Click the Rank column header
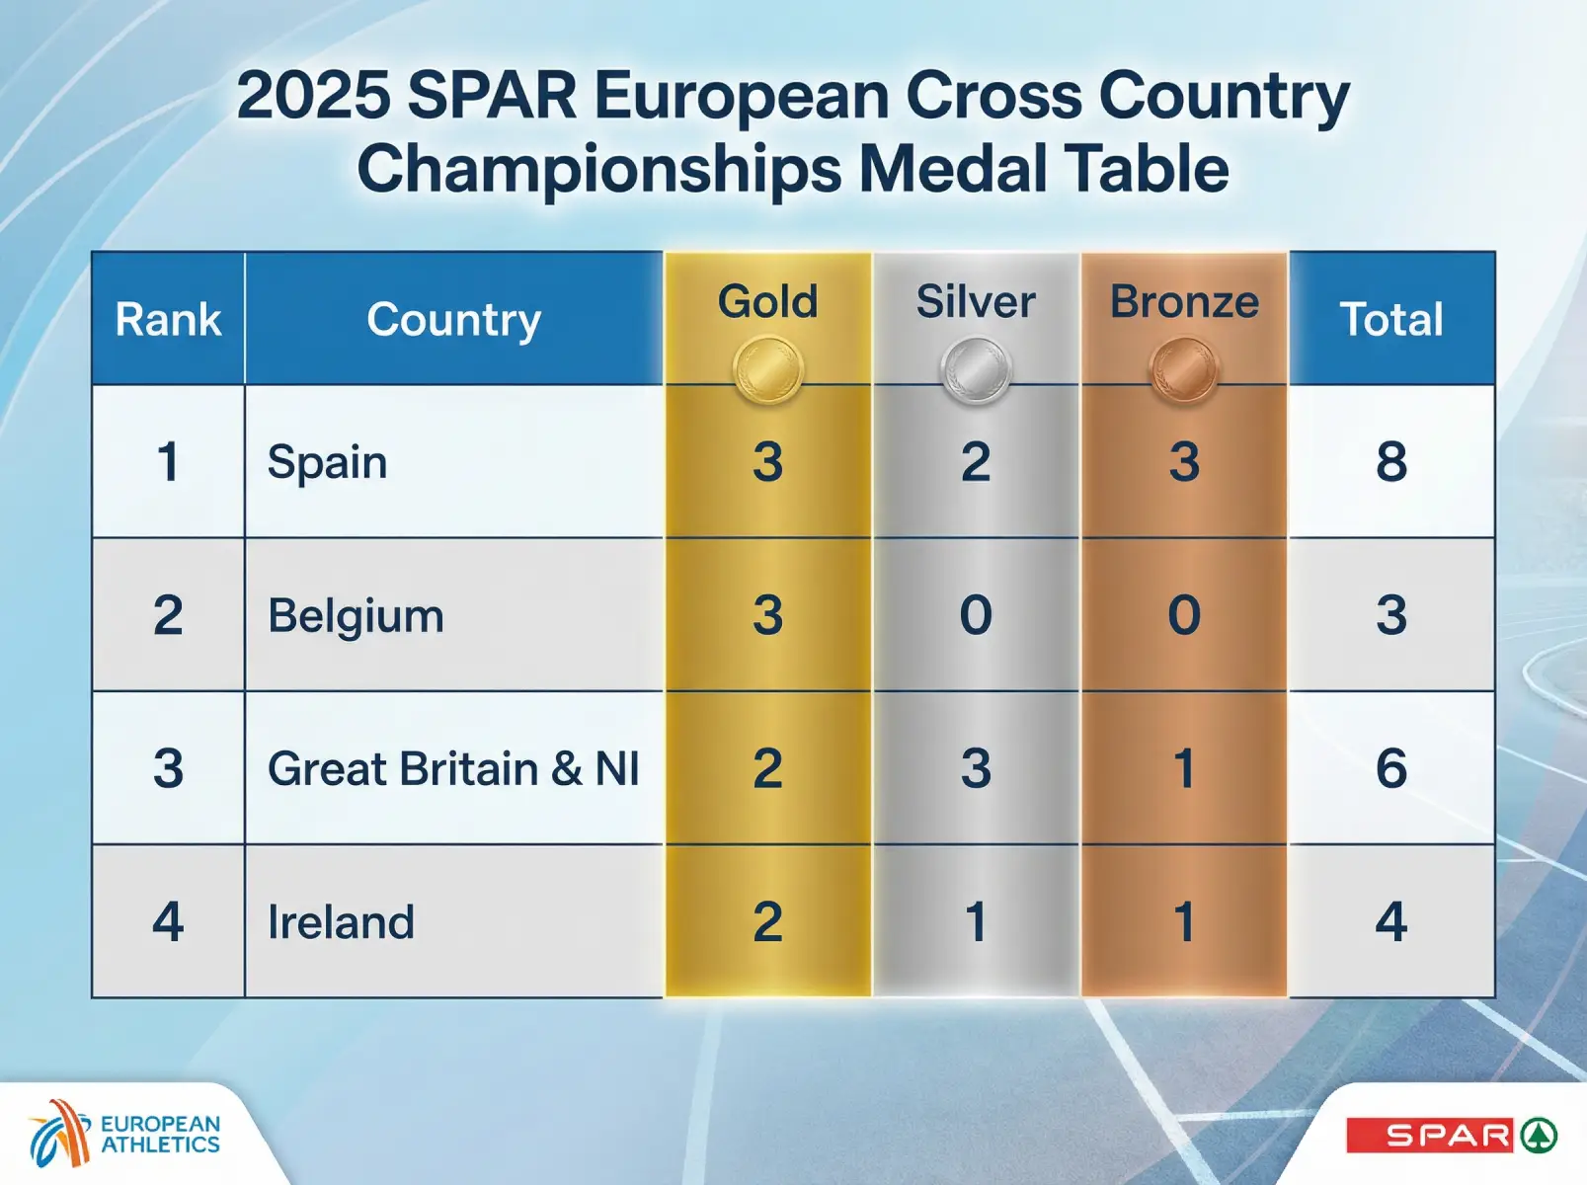168,320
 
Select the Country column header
453,320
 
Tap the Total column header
1390,320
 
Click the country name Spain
327,462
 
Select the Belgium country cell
356,616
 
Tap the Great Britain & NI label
453,769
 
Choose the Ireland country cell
341,922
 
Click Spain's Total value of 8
1390,462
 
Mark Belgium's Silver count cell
976,615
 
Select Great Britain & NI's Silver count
976,769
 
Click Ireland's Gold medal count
767,922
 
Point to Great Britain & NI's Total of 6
1390,769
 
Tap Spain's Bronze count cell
1184,462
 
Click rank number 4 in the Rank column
168,922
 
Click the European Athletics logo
123,1134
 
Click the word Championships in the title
599,169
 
